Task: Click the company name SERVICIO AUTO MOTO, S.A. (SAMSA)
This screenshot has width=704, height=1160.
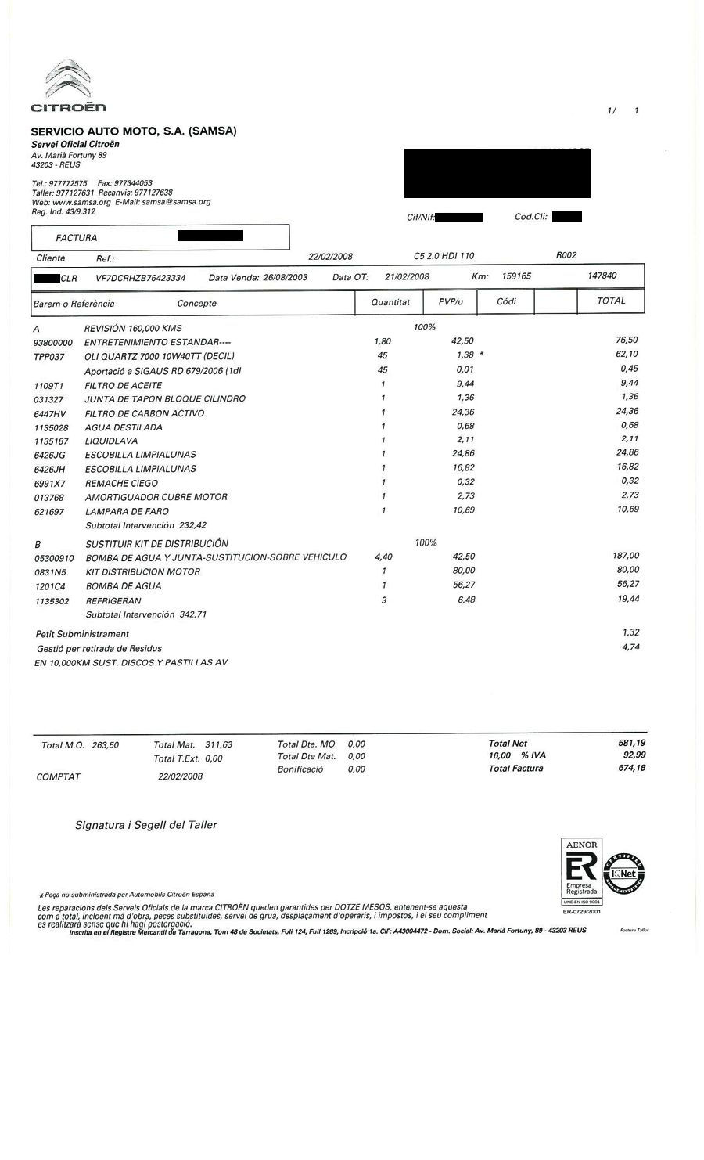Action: click(133, 131)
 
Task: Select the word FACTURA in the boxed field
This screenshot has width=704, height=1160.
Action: click(77, 237)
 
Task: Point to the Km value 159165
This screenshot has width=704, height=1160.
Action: click(516, 276)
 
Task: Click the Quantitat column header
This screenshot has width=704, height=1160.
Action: click(390, 301)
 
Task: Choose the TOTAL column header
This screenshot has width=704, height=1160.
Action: click(611, 301)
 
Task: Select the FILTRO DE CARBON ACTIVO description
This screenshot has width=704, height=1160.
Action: click(145, 412)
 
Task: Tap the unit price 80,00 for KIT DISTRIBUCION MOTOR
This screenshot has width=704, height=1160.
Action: click(464, 571)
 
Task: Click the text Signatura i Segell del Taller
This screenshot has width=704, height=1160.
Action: click(146, 824)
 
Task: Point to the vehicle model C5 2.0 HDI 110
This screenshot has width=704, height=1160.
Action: click(444, 256)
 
